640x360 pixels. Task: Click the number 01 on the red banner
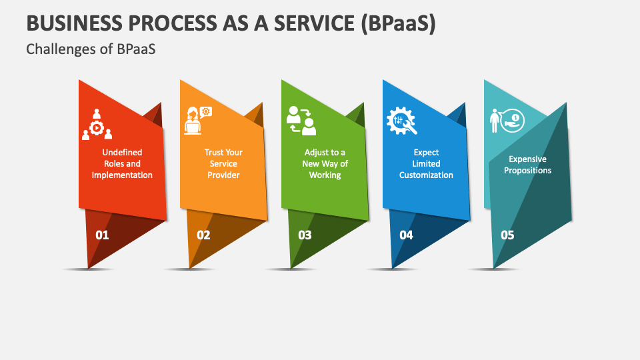pyautogui.click(x=102, y=235)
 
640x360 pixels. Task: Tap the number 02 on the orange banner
pyautogui.click(x=203, y=235)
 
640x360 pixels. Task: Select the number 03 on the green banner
pyautogui.click(x=305, y=235)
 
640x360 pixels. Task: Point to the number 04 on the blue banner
pyautogui.click(x=406, y=235)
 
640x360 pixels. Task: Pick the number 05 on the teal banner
pyautogui.click(x=507, y=235)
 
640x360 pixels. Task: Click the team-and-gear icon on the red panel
pyautogui.click(x=97, y=124)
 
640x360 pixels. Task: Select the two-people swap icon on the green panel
pyautogui.click(x=300, y=121)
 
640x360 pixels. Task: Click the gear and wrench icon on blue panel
pyautogui.click(x=401, y=121)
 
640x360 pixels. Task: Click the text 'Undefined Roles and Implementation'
pyautogui.click(x=122, y=163)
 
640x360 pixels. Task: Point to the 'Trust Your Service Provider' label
pyautogui.click(x=223, y=163)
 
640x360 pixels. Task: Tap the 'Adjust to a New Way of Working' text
pyautogui.click(x=325, y=163)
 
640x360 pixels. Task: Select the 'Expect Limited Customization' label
pyautogui.click(x=426, y=163)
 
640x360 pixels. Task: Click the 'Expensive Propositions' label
pyautogui.click(x=527, y=165)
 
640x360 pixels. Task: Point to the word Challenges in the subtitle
pyautogui.click(x=59, y=49)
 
